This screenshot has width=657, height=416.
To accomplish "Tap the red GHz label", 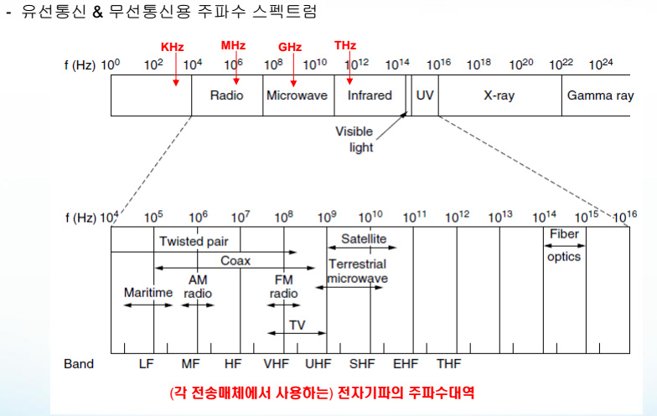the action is click(x=291, y=49).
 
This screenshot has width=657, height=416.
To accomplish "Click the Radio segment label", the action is click(x=227, y=95).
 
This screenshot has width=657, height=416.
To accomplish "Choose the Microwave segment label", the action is click(x=297, y=95).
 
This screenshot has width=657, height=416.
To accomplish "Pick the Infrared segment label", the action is click(x=370, y=95).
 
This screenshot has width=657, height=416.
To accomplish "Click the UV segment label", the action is click(x=425, y=95).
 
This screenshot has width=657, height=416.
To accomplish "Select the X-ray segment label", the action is click(x=499, y=95).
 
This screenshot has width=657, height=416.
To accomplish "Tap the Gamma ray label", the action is click(x=600, y=95).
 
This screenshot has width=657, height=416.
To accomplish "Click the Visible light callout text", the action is click(x=354, y=140).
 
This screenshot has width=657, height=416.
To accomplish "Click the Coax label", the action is click(x=235, y=261).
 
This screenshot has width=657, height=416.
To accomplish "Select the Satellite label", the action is click(x=364, y=239).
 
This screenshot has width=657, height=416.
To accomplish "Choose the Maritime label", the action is click(x=147, y=293).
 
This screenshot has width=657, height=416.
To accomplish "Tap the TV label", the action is click(x=297, y=324).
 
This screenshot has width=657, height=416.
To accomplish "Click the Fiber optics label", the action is click(x=564, y=245).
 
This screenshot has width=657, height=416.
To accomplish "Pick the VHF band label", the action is click(x=276, y=364).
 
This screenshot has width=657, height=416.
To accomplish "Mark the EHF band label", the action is click(x=406, y=364).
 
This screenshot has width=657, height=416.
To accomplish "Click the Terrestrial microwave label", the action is click(x=357, y=270).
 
